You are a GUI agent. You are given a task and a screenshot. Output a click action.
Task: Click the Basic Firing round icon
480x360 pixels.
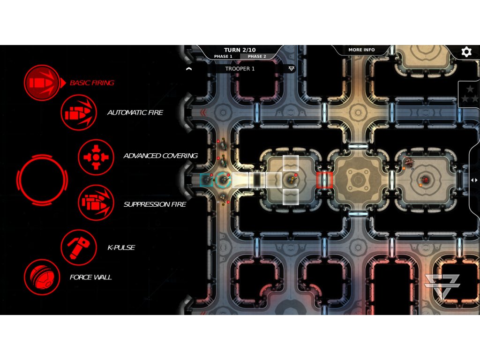click(42, 83)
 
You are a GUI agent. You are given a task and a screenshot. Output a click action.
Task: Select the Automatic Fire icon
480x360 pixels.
click(79, 112)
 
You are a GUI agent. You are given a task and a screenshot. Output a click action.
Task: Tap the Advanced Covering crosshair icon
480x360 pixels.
click(96, 156)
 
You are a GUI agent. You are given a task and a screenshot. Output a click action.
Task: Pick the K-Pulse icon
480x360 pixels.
click(79, 247)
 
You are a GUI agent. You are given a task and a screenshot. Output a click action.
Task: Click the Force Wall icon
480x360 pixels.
click(42, 277)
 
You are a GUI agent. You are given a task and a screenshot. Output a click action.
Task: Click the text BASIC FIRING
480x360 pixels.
click(92, 83)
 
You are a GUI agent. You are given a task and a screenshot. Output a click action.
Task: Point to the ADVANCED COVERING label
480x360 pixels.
click(160, 156)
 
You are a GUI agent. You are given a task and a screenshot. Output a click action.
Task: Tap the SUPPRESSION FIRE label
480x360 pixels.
click(155, 204)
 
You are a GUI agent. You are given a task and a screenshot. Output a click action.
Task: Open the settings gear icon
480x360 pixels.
click(466, 52)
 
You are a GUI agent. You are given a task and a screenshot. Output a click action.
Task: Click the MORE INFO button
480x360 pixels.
click(361, 50)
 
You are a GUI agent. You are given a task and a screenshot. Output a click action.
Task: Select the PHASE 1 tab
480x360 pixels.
click(223, 56)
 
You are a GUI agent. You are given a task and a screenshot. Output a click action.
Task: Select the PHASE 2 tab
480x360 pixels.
click(257, 56)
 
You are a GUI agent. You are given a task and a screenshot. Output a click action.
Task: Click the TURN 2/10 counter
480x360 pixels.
click(240, 50)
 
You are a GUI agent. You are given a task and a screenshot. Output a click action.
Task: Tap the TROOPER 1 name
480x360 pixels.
click(240, 68)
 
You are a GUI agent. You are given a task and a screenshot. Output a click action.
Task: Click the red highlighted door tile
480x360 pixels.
click(324, 180)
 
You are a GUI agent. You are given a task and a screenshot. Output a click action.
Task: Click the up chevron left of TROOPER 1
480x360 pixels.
click(189, 68)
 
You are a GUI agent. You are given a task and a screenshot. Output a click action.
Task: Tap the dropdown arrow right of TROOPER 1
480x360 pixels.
click(292, 68)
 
